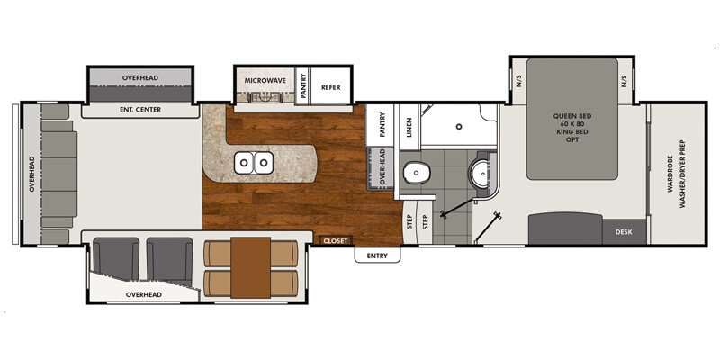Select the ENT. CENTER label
(x=139, y=111)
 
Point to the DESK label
(x=625, y=231)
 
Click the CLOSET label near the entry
(x=337, y=240)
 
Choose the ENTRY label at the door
(x=376, y=256)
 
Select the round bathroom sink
(x=482, y=172)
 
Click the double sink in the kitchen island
(x=254, y=163)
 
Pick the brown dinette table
(x=250, y=267)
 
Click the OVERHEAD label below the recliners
(x=143, y=294)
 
